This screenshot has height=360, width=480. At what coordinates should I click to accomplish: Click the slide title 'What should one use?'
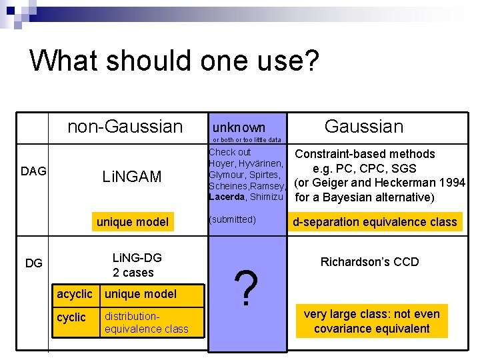[175, 60]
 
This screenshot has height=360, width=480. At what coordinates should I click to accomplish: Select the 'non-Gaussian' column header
[125, 126]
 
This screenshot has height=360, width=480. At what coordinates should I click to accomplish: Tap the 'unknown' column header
[239, 127]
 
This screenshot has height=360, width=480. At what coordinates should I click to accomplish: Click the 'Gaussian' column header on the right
[363, 126]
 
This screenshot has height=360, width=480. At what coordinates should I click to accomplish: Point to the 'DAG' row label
[33, 171]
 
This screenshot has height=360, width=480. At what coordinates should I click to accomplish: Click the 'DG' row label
[33, 263]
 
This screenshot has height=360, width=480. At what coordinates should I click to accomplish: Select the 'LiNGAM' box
[132, 177]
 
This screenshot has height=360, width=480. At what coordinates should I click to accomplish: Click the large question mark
[247, 289]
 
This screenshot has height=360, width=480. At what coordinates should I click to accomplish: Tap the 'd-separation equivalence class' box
[375, 222]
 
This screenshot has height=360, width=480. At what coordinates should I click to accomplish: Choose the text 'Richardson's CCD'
[369, 262]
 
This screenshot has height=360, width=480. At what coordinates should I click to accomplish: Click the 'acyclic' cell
[75, 294]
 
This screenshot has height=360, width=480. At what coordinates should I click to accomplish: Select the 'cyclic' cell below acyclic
[71, 317]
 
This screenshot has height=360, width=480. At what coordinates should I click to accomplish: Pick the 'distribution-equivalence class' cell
[147, 322]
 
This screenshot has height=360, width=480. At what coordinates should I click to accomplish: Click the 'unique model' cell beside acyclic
[141, 294]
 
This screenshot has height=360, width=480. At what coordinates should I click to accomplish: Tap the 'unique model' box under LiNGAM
[133, 222]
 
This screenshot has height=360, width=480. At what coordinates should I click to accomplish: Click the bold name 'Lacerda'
[227, 197]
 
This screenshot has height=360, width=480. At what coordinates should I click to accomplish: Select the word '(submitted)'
[232, 219]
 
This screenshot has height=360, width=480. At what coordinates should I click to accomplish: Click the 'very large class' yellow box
[371, 321]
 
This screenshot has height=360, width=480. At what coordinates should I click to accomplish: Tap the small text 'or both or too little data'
[246, 140]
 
